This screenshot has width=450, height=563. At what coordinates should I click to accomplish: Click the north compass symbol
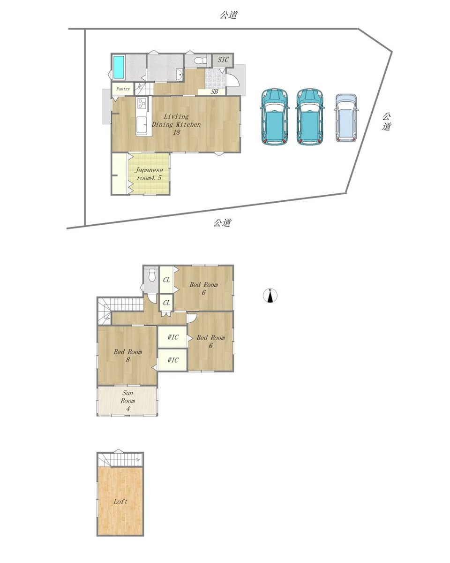(270, 296)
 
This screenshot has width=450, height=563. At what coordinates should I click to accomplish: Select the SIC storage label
(223, 60)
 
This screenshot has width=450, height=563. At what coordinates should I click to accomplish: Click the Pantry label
(123, 89)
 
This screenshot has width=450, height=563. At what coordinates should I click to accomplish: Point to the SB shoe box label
(214, 92)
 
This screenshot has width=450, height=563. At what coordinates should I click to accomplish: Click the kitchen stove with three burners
(142, 103)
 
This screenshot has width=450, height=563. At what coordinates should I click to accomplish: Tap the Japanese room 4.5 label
(149, 174)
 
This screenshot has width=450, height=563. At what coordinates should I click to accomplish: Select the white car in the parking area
(345, 118)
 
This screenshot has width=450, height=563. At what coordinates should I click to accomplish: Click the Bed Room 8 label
(127, 356)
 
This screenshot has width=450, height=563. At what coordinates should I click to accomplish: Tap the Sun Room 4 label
(127, 401)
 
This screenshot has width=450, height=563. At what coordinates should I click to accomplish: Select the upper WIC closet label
(173, 337)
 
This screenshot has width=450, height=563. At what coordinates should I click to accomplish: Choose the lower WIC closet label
(173, 360)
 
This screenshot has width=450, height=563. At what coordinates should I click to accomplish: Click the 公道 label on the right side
(386, 122)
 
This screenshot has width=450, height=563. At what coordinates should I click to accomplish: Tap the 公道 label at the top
(229, 15)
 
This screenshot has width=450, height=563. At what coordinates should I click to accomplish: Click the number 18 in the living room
(177, 132)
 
